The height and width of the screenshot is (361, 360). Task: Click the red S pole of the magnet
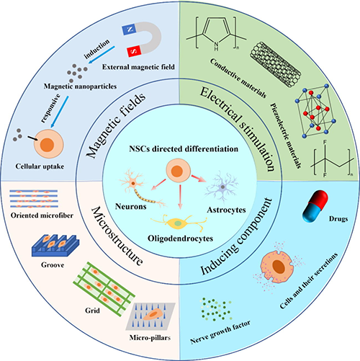click(134, 51)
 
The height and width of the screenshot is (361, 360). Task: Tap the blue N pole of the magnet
click(130, 30)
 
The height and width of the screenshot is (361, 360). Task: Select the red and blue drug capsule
click(315, 206)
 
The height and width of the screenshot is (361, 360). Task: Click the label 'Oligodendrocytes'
click(180, 239)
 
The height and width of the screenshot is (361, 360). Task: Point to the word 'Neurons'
click(131, 206)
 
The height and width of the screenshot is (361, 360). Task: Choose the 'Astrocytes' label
click(226, 210)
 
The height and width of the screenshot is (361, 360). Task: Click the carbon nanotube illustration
click(275, 64)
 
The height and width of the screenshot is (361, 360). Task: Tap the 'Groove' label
click(53, 265)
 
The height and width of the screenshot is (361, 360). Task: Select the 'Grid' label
click(92, 311)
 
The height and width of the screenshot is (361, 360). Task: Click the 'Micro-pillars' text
click(150, 338)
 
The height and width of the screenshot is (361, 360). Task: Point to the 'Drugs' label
click(338, 219)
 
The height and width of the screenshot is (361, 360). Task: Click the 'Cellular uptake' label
click(40, 166)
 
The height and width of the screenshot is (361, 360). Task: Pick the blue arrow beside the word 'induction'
click(102, 55)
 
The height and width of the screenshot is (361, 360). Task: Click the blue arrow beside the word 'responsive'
click(60, 112)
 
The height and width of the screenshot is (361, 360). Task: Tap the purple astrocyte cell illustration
click(221, 186)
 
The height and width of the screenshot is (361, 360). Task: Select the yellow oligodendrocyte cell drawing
click(178, 223)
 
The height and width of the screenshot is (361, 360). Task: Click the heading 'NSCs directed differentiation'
click(184, 149)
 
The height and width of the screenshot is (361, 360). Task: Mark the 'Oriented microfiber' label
click(42, 215)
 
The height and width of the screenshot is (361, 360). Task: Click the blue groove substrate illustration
click(55, 246)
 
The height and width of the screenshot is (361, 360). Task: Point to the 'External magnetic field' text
click(138, 67)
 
